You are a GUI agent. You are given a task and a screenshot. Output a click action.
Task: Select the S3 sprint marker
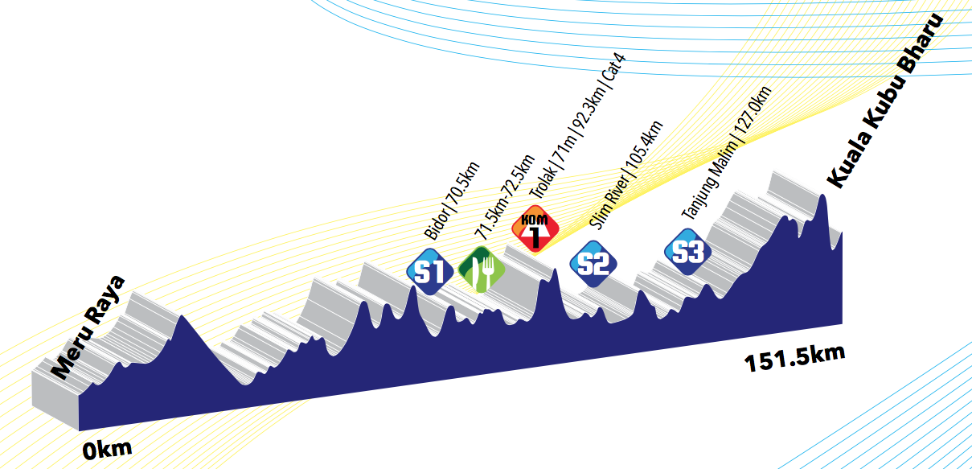coord(687,252)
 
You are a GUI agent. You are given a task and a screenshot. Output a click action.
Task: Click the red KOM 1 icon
coord(535,231)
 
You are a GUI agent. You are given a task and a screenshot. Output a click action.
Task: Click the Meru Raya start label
coord(88,327)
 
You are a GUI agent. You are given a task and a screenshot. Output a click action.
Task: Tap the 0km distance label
coord(107,448)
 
